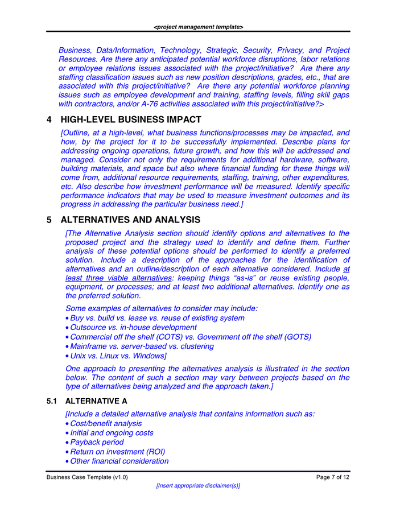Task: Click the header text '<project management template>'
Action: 198,27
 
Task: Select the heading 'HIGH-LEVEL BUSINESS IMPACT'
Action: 131,119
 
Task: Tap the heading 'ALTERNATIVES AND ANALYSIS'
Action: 130,220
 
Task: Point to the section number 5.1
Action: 52,401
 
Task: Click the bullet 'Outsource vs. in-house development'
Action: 133,327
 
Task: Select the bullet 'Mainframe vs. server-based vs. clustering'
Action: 142,346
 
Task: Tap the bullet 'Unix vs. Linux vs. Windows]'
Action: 118,356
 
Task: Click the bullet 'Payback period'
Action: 97,442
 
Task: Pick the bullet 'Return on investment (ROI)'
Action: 117,452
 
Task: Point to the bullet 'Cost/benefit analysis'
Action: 106,423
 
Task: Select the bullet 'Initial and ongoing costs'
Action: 112,433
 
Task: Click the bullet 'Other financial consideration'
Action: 119,461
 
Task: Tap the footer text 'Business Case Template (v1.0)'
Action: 87,477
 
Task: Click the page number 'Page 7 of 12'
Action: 333,477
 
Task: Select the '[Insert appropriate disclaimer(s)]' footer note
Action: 198,486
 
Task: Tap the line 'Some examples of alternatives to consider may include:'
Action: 162,308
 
